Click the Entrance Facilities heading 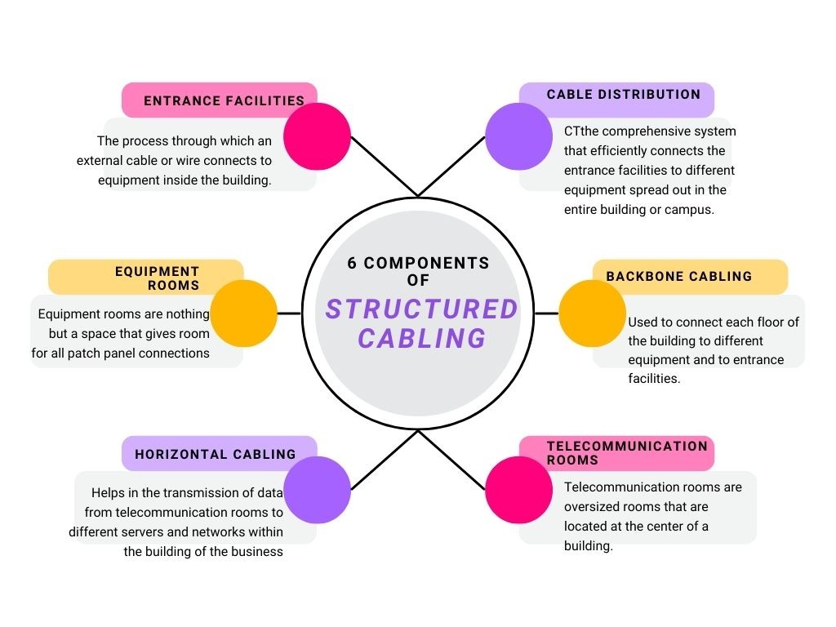pos(224,101)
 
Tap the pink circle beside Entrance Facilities pos(317,136)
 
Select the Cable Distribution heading pos(624,95)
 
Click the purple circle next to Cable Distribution pos(518,136)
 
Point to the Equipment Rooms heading pos(158,278)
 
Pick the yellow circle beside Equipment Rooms pos(244,313)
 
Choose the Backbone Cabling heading pos(678,277)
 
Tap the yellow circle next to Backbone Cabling pos(592,313)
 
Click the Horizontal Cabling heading pos(216,455)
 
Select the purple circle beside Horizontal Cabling pos(317,489)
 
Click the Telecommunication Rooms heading pos(627,452)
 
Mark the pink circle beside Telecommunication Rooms pos(518,490)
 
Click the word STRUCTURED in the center pos(422,309)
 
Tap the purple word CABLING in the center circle pos(422,337)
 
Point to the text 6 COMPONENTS pos(418,264)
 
